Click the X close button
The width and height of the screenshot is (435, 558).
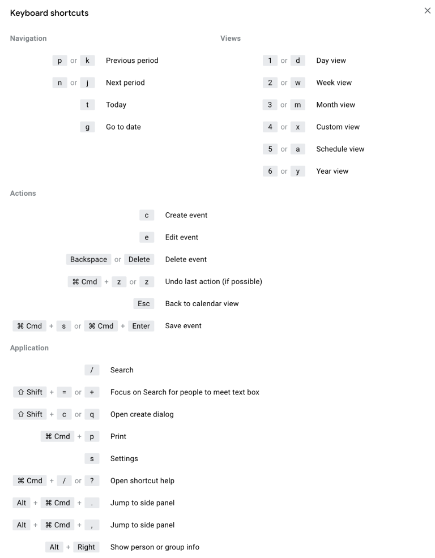tap(427, 11)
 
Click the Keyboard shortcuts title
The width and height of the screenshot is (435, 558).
tap(49, 13)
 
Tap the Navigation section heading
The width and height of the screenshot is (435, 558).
tap(28, 38)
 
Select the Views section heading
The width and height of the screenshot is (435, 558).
tap(231, 38)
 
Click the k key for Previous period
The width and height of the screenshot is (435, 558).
tap(87, 61)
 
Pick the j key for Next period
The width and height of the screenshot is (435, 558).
tap(87, 83)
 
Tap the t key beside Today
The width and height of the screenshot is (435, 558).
tap(87, 105)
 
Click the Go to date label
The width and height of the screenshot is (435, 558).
tap(123, 127)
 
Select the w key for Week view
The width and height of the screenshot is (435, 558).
tap(298, 83)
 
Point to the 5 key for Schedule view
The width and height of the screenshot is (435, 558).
tap(270, 149)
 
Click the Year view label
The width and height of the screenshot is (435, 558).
tap(332, 171)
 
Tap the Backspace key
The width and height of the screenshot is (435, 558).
tap(88, 259)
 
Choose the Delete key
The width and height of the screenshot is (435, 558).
tap(139, 259)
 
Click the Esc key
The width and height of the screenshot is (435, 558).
tap(144, 303)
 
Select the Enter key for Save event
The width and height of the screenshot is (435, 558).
tap(141, 326)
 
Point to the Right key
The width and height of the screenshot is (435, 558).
tap(87, 547)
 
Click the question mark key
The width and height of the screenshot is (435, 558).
tap(92, 480)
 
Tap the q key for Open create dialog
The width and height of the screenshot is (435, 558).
tap(92, 414)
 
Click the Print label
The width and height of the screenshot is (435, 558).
tap(118, 436)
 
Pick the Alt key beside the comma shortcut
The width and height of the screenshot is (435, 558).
tap(22, 525)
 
